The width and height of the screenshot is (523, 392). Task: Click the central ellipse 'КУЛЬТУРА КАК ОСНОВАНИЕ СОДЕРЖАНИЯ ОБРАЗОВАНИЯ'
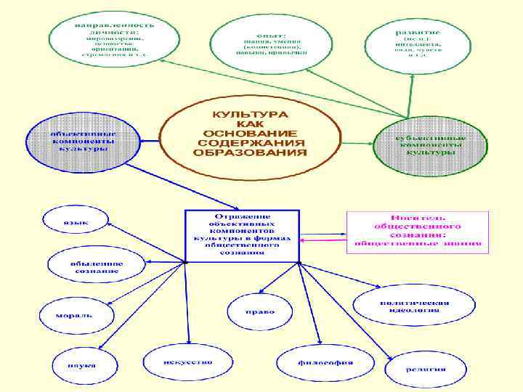(x=249, y=134)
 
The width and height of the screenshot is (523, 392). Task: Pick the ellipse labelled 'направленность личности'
(x=114, y=38)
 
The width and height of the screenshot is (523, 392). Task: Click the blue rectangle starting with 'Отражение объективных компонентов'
(x=242, y=236)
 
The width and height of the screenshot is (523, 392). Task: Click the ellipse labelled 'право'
(x=259, y=311)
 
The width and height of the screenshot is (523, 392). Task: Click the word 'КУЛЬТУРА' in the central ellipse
(x=249, y=115)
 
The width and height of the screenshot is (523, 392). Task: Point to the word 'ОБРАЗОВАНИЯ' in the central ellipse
(x=250, y=153)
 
